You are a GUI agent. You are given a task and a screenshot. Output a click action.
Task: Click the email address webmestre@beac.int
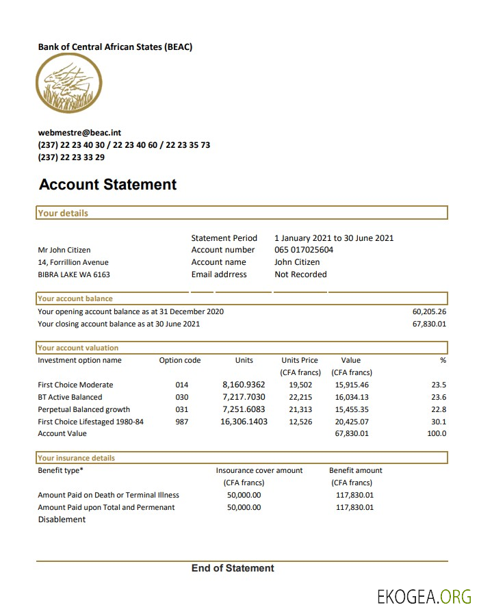pyautogui.click(x=79, y=133)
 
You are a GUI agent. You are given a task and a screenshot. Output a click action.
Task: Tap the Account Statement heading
pyautogui.click(x=107, y=184)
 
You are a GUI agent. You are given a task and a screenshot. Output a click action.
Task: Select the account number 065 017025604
pyautogui.click(x=304, y=250)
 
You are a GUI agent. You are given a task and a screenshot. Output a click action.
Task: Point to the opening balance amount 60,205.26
pyautogui.click(x=429, y=311)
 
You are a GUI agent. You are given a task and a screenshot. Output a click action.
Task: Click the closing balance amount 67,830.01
pyautogui.click(x=429, y=324)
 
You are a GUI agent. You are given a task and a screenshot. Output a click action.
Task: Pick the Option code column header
pyautogui.click(x=180, y=360)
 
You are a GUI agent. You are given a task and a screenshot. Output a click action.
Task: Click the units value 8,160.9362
pyautogui.click(x=244, y=385)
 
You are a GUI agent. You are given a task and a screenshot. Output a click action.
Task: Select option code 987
pyautogui.click(x=182, y=422)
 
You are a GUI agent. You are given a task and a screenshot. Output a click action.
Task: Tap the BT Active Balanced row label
pyautogui.click(x=70, y=397)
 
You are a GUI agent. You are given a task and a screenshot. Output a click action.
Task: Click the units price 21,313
pyautogui.click(x=300, y=409)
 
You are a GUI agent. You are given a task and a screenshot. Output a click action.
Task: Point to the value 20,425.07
pyautogui.click(x=352, y=422)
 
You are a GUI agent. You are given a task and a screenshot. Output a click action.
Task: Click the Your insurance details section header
pyautogui.click(x=76, y=458)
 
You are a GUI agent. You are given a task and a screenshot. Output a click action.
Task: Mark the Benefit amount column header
pyautogui.click(x=355, y=470)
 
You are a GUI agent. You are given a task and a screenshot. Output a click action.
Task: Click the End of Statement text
pyautogui.click(x=233, y=568)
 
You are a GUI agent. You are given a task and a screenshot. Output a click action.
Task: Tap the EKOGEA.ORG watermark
pyautogui.click(x=424, y=597)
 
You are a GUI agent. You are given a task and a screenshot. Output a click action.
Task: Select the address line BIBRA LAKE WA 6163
pyautogui.click(x=74, y=274)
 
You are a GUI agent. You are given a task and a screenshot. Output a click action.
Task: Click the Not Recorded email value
pyautogui.click(x=300, y=274)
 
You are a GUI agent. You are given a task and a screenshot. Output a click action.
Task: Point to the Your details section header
pyautogui.click(x=63, y=213)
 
